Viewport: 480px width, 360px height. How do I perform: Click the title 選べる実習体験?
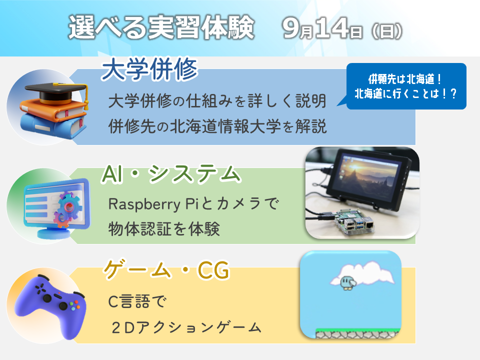[161, 27]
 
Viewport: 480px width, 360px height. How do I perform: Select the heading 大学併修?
[149, 69]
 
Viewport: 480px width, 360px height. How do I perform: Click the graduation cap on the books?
[56, 92]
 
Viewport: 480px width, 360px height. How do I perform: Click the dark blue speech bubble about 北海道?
[405, 86]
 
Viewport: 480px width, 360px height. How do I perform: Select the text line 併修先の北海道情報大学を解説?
[217, 126]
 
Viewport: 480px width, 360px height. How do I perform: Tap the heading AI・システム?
[171, 174]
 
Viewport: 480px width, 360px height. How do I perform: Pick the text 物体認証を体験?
[164, 228]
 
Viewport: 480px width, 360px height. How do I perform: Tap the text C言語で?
[137, 301]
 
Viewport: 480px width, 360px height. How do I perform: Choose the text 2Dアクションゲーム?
[186, 327]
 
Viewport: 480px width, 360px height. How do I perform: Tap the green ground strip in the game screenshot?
[358, 330]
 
